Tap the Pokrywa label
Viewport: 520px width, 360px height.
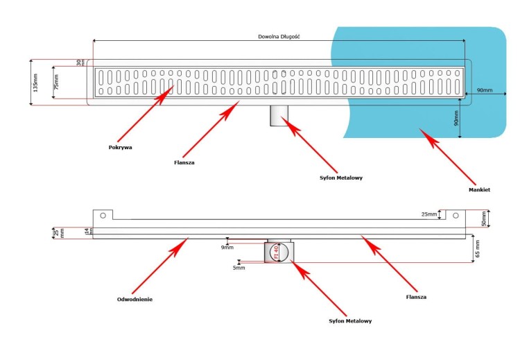[120, 147]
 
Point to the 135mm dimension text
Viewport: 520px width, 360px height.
[33, 82]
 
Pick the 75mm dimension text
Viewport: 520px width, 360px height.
[57, 82]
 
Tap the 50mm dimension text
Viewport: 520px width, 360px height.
[486, 219]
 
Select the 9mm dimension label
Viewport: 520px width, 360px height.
[228, 247]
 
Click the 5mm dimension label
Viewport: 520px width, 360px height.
[239, 267]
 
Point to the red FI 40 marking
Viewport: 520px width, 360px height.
[275, 252]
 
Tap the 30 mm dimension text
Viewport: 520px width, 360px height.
[80, 62]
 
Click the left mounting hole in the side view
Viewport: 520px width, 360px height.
[103, 215]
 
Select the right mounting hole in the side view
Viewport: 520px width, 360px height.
[456, 215]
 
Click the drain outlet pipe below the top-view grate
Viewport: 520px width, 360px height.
[279, 114]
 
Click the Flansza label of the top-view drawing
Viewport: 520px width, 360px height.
[184, 163]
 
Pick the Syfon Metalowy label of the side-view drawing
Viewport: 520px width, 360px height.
[349, 320]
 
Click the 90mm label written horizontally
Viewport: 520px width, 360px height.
[485, 91]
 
